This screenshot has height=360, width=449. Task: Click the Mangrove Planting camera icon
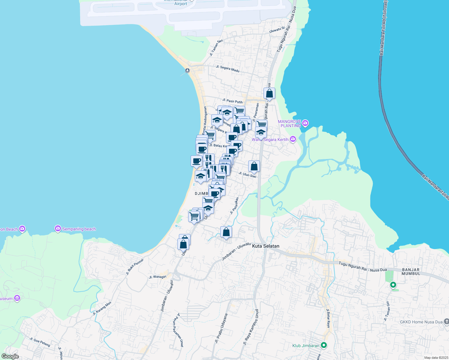pos(305,123)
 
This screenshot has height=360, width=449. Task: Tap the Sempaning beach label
pos(79,229)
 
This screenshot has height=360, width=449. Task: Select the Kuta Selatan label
pos(266,246)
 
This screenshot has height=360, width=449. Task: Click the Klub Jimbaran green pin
pos(324,345)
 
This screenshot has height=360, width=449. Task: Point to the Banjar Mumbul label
pos(411,271)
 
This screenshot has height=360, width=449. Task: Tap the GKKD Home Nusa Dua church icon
pos(446,322)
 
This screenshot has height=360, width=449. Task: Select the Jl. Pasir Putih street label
pos(232,101)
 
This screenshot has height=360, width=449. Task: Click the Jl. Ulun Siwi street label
pos(247,175)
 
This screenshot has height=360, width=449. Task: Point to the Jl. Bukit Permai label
pos(135,267)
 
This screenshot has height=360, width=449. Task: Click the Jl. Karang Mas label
pos(102,308)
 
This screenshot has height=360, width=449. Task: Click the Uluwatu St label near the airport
pos(277,30)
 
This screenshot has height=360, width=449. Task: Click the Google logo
pos(10,356)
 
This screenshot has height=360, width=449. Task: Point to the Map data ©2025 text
pos(436,358)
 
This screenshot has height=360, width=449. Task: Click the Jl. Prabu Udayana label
pos(221,328)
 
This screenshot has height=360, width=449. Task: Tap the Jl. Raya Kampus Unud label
pos(251,327)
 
